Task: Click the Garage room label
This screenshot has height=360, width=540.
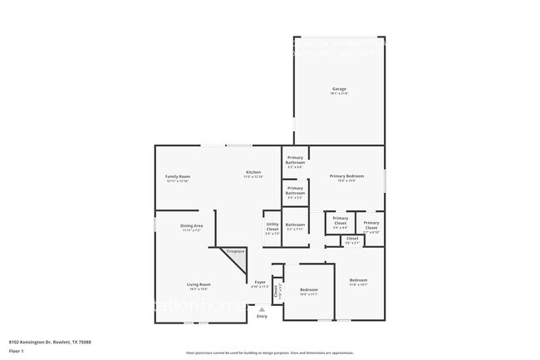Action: (x=339, y=89)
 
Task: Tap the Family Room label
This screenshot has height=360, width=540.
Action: (x=178, y=176)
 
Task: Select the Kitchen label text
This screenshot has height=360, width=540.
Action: (x=253, y=172)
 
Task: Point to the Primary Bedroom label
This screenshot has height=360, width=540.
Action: (x=346, y=176)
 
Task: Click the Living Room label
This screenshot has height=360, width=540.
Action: (x=198, y=284)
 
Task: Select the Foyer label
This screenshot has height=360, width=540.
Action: (x=260, y=283)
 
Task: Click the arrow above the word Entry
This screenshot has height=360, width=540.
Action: (x=262, y=308)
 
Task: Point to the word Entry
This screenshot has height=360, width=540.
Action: (x=262, y=316)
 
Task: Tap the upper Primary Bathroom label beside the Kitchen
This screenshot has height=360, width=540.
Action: (x=296, y=160)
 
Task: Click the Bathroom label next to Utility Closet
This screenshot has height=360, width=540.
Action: (x=296, y=224)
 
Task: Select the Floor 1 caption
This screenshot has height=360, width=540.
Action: (x=17, y=352)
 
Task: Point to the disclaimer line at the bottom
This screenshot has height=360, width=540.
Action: (x=269, y=353)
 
